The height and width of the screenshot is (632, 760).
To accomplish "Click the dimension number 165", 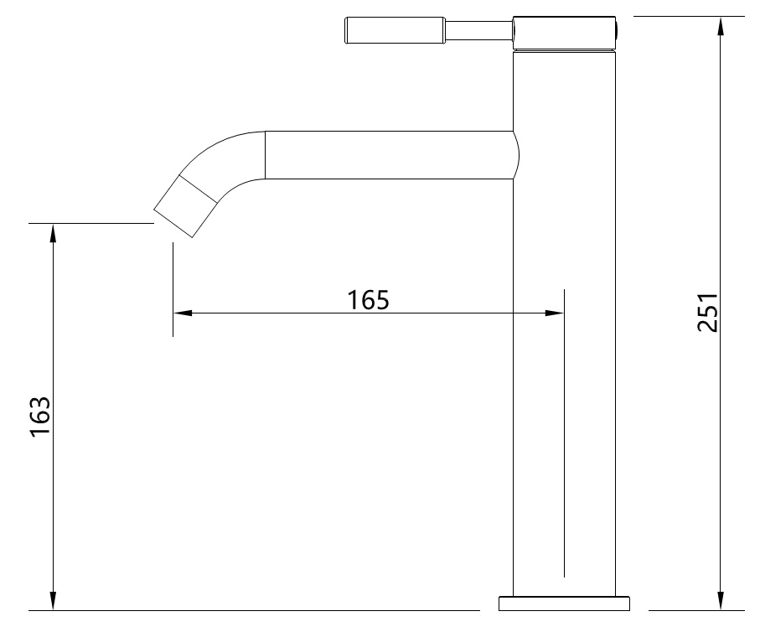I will (369, 299).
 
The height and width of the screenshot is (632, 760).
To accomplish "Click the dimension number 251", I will (709, 312).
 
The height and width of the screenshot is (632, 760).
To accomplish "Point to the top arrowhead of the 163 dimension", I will (54, 232).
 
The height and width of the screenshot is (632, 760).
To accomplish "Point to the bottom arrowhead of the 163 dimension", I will (54, 601).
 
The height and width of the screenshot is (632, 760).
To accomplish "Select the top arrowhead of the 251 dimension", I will (721, 24).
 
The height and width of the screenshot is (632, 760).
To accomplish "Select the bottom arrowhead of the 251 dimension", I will (721, 601).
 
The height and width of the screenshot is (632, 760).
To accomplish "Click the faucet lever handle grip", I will (394, 32).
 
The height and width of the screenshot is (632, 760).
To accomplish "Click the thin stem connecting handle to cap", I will (478, 32).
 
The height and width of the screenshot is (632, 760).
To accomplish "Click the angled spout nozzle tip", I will (186, 206).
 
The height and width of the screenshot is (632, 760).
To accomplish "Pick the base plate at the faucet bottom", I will (564, 604).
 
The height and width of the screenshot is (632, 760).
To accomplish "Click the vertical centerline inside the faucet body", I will (564, 436).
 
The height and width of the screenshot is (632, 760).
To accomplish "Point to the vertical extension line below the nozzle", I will (173, 289).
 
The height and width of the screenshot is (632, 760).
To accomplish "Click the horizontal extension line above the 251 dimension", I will (689, 16).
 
